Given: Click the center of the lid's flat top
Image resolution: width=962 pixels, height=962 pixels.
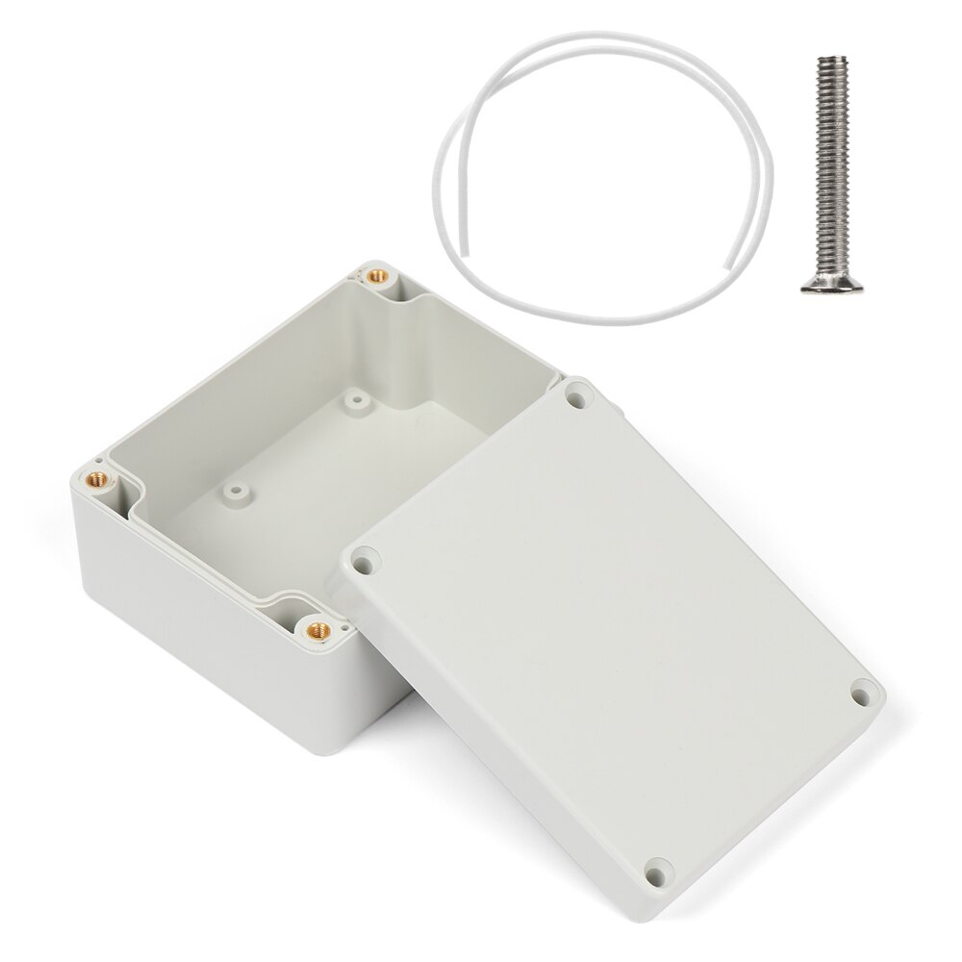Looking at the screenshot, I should point(616,625).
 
